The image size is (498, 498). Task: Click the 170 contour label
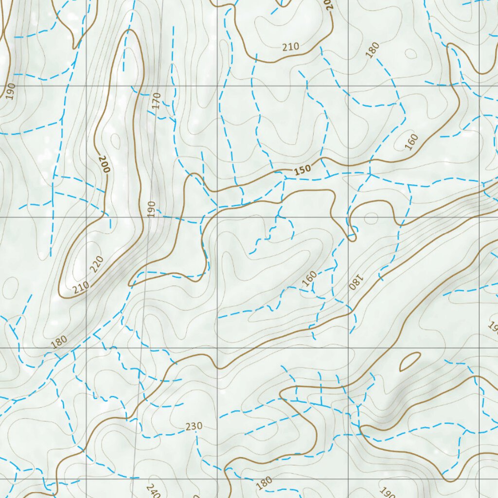pos(156,101)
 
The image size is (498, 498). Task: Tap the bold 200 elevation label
pos(104,164)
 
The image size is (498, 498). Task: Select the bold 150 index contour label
pos(302,170)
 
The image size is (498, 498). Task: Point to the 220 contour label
pos(97,265)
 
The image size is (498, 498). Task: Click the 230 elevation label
pos(194,427)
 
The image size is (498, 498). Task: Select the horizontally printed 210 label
pos(290,47)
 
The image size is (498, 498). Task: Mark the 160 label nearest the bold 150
pos(411,142)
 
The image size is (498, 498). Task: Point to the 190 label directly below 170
pos(151,209)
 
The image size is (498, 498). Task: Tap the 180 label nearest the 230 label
pos(264,483)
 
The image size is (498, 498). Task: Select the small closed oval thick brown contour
pos(409,361)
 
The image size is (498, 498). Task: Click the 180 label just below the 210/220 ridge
pos(58,342)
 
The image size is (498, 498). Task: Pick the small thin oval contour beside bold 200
pos(115,141)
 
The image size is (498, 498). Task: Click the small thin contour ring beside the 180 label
pos(411,53)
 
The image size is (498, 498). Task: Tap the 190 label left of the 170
pos(11,91)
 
